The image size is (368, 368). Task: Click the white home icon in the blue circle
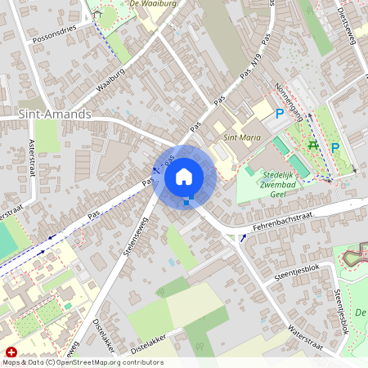pyautogui.click(x=184, y=176)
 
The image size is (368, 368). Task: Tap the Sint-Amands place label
pyautogui.click(x=55, y=114)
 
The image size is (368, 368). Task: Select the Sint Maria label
pyautogui.click(x=242, y=137)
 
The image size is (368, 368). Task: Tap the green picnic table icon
pyautogui.click(x=312, y=145)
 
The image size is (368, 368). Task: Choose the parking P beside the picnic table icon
pyautogui.click(x=334, y=148)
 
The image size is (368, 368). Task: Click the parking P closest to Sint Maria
pyautogui.click(x=279, y=115)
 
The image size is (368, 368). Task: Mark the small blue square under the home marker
pyautogui.click(x=187, y=200)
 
